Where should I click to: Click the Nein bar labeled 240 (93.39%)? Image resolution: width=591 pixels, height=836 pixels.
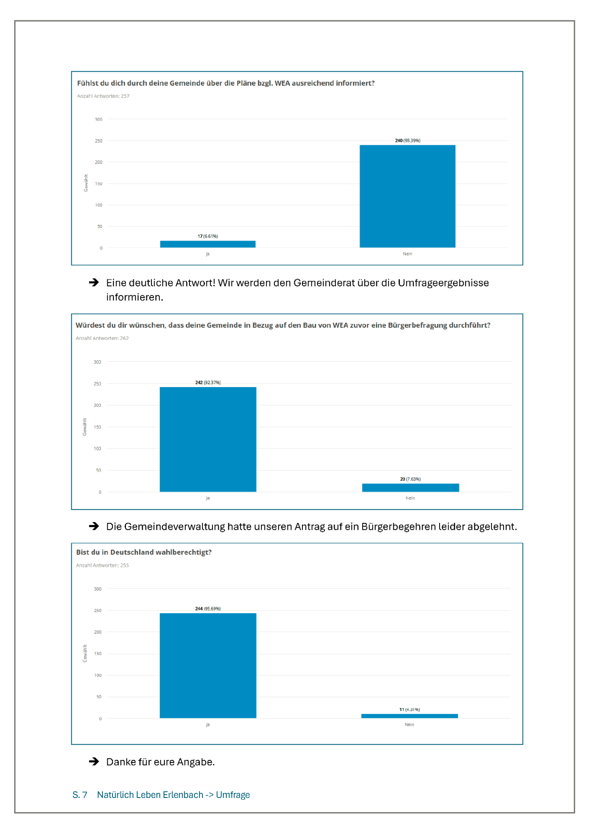point(407,196)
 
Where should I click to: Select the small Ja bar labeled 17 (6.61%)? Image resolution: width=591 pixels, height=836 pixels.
point(208,244)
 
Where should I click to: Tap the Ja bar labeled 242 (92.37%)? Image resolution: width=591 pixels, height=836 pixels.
point(208,439)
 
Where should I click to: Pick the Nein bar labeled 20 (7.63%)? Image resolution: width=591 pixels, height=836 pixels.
point(410,487)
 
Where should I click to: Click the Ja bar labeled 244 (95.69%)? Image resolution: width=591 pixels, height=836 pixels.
point(208,665)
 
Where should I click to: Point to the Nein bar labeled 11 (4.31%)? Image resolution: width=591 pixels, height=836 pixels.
point(409,716)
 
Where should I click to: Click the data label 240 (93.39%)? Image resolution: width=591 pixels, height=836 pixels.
point(408,141)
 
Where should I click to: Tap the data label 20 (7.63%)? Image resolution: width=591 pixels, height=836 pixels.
point(410,479)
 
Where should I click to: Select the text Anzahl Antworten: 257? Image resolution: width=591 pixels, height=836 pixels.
point(103,96)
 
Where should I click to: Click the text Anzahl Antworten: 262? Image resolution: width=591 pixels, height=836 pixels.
point(102,338)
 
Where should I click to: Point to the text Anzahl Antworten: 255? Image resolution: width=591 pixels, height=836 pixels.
point(103,565)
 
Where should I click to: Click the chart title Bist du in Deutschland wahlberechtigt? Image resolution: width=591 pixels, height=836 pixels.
point(144,552)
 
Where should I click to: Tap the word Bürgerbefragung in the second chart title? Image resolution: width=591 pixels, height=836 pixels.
point(417,325)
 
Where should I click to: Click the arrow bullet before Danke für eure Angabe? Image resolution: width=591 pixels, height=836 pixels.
point(94,761)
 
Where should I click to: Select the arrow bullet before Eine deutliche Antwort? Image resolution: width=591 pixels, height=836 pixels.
point(94,282)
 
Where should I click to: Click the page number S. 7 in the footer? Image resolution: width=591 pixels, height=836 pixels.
point(80,795)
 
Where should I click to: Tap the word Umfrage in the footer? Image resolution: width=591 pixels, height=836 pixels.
point(233,795)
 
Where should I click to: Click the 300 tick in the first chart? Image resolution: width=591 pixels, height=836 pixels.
point(99,119)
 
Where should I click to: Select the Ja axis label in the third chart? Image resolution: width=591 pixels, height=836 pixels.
point(208,724)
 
